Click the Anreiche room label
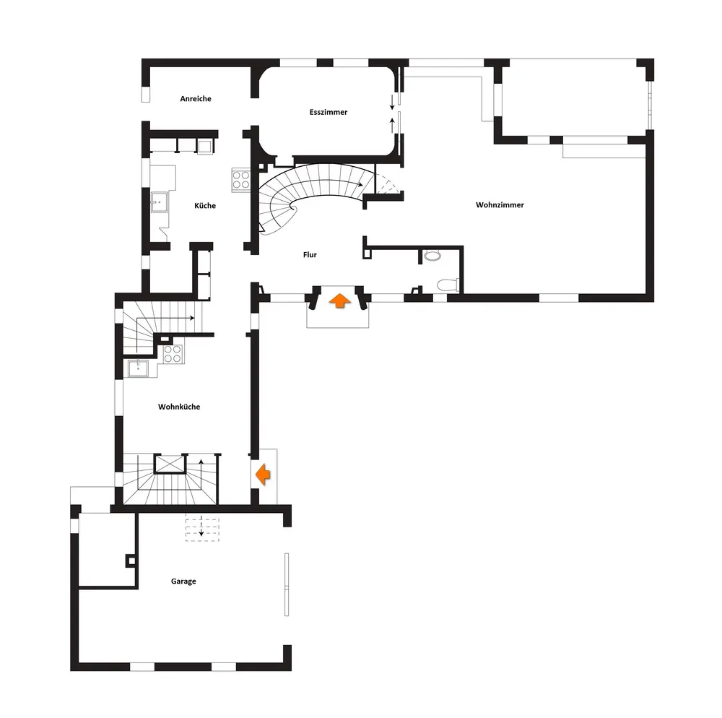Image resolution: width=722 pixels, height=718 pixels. pyautogui.click(x=196, y=99)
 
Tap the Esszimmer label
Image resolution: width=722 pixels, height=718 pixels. pyautogui.click(x=329, y=112)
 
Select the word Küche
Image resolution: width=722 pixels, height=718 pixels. pyautogui.click(x=205, y=206)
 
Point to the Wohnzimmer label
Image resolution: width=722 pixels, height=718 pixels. pyautogui.click(x=500, y=205)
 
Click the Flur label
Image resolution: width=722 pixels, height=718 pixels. pyautogui.click(x=310, y=254)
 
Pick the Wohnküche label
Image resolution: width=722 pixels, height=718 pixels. pyautogui.click(x=179, y=407)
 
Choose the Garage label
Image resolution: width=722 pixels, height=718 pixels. pyautogui.click(x=183, y=581)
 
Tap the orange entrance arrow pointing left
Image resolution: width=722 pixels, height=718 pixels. pyautogui.click(x=263, y=475)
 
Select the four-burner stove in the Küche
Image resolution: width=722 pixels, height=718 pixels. pyautogui.click(x=240, y=179)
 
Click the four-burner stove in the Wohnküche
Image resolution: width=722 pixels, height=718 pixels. pyautogui.click(x=173, y=353)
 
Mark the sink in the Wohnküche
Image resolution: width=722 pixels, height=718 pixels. pyautogui.click(x=139, y=368)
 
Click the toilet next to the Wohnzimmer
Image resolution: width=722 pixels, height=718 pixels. pyautogui.click(x=448, y=285)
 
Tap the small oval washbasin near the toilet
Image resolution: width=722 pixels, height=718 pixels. pyautogui.click(x=432, y=255)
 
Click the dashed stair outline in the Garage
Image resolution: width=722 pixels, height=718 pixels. pyautogui.click(x=201, y=528)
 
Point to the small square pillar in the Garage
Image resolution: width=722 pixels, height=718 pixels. pyautogui.click(x=130, y=559)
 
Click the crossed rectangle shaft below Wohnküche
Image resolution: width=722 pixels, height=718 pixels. pyautogui.click(x=171, y=462)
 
